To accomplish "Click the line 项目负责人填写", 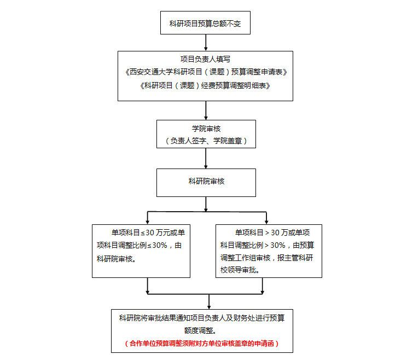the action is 205,59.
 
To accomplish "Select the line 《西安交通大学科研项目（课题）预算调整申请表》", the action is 206,72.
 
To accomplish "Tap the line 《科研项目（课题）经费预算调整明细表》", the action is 205,85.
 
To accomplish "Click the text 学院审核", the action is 206,129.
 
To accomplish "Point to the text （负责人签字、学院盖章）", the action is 206,141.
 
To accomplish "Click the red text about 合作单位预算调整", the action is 202,344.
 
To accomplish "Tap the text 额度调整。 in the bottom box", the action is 200,330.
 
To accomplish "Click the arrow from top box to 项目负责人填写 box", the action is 206,43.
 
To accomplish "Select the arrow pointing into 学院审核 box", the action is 206,111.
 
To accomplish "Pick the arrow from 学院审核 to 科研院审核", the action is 206,158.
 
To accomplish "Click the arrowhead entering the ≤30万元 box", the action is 148,222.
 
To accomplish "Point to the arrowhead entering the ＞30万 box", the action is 266,222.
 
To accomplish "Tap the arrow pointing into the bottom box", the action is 209,301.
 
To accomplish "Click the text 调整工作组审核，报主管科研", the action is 267,258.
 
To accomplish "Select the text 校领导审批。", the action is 240,270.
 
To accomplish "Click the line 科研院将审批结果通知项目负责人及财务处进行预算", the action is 202,318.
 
